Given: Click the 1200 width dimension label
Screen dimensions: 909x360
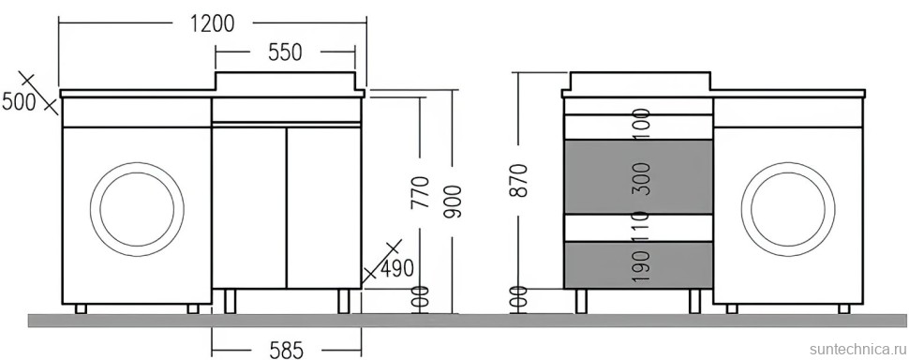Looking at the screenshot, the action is tap(213, 23).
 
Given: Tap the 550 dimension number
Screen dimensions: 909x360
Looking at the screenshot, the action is tap(285, 52).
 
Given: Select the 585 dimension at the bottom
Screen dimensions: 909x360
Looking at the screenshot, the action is tap(286, 350).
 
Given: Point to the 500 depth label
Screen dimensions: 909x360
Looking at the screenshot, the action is tap(19, 101).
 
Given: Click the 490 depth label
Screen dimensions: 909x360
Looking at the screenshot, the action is tap(396, 268).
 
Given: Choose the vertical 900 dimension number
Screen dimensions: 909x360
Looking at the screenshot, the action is tap(454, 202).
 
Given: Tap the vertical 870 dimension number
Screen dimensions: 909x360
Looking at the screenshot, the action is tap(520, 180).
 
